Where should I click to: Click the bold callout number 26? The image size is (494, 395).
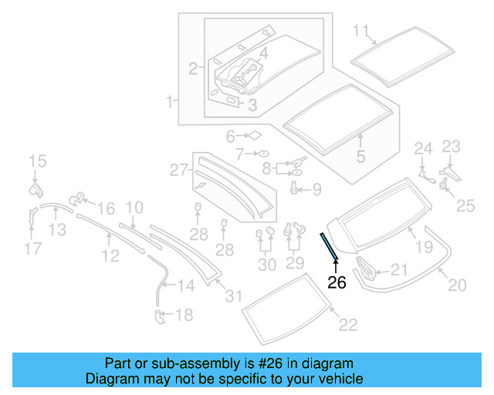337,282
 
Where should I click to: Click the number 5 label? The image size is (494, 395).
360,157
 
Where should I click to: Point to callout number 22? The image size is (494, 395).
348,325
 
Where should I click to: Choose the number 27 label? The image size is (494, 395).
178,170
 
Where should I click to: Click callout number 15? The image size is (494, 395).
38,161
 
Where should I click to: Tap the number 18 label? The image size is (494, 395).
184,314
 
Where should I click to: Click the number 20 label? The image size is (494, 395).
457,285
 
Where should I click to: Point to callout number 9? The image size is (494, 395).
316,190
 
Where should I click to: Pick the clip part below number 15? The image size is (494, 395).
35,187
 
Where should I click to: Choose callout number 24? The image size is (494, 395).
424,149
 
